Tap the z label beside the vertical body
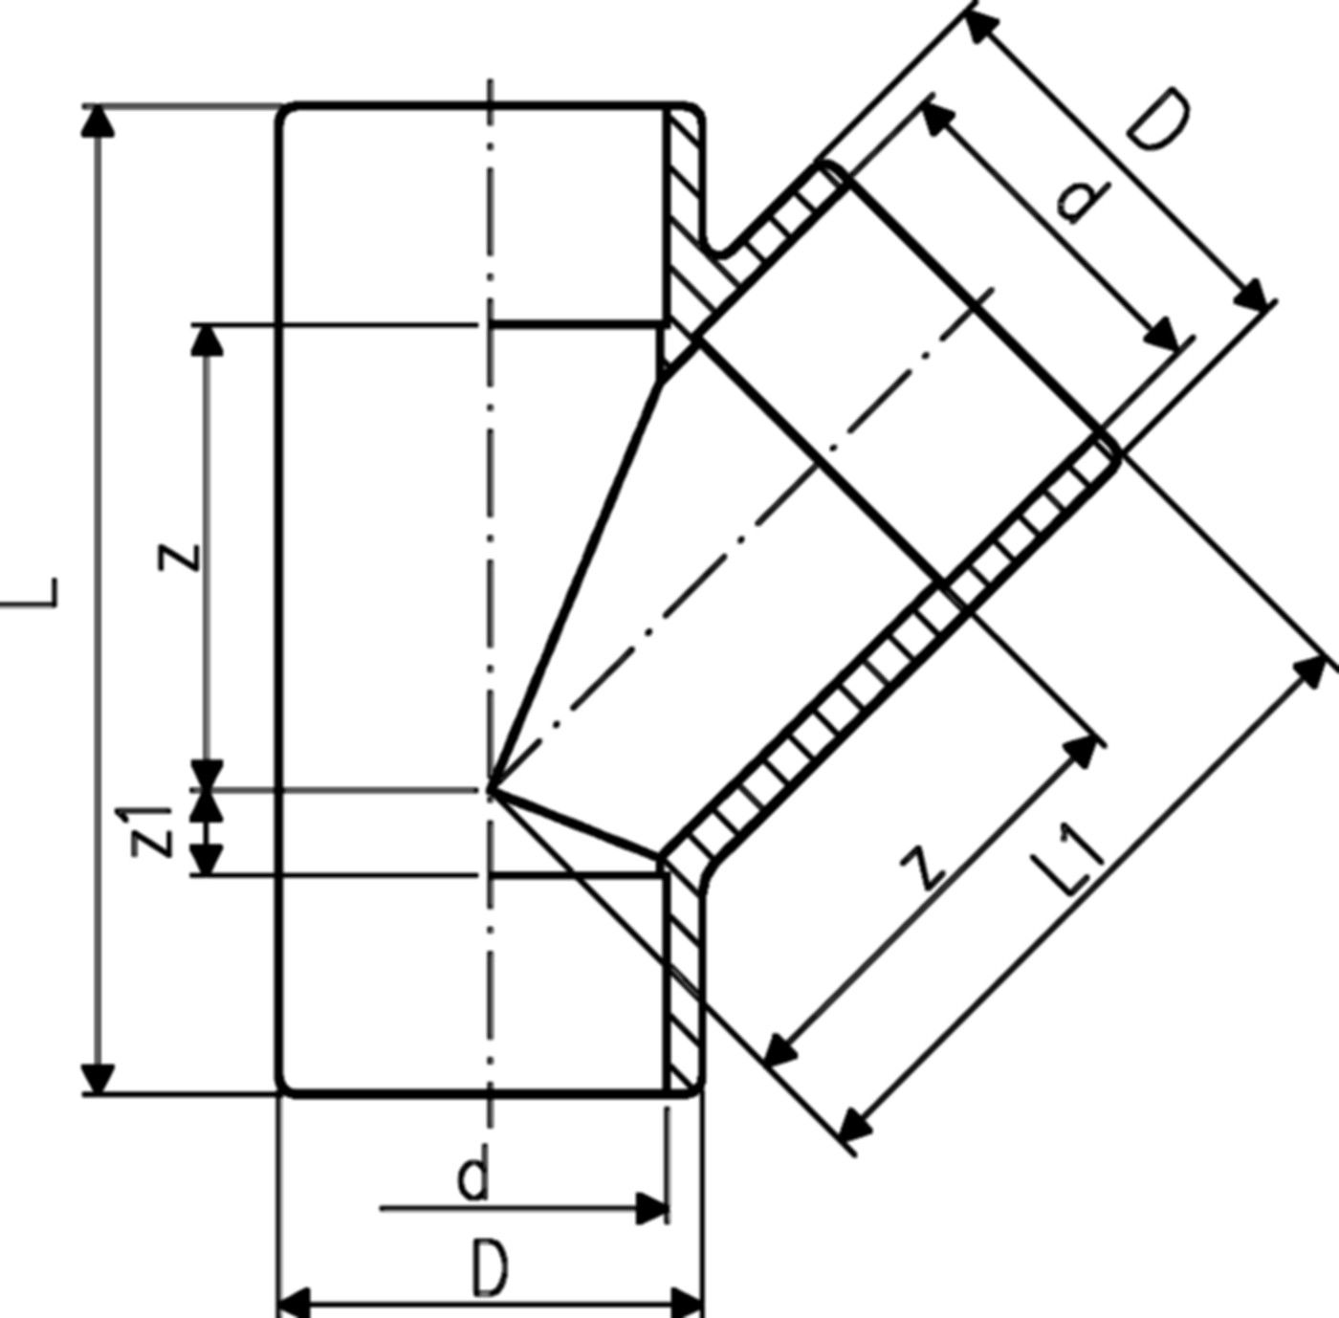click(x=182, y=555)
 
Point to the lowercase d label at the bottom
click(x=472, y=1178)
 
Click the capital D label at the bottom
click(x=490, y=1268)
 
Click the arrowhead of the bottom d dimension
click(x=652, y=1209)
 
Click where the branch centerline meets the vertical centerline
click(x=490, y=789)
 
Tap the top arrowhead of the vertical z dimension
click(x=208, y=340)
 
